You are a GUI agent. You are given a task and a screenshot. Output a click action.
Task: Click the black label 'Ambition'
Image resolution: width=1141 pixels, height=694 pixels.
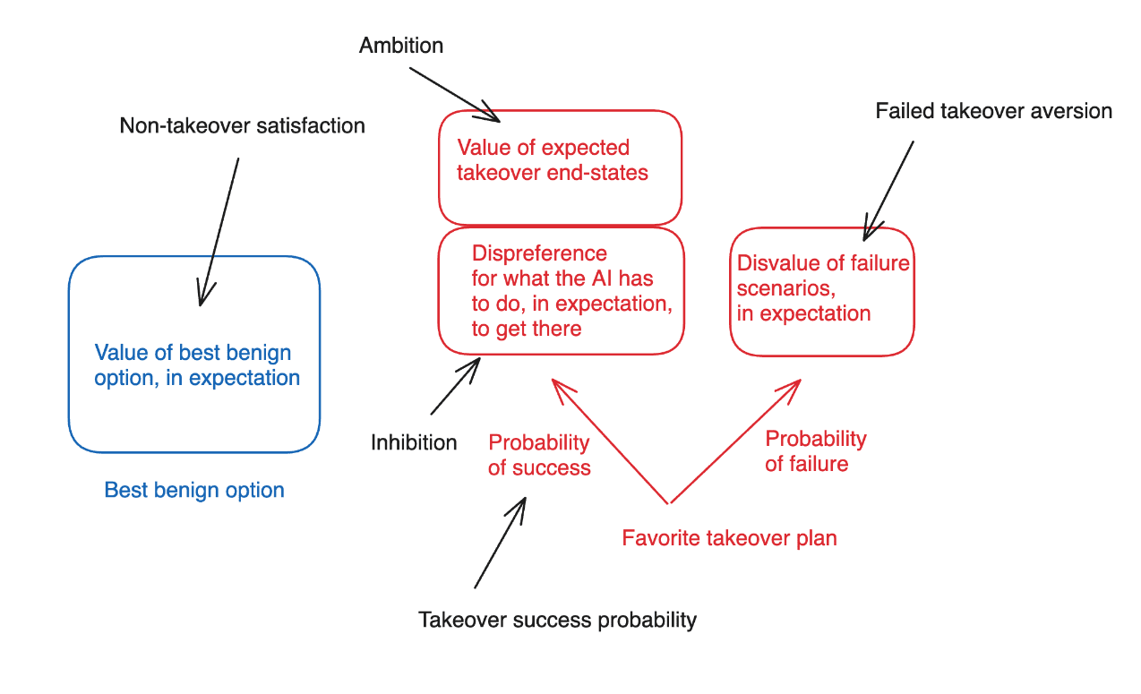pyautogui.click(x=401, y=46)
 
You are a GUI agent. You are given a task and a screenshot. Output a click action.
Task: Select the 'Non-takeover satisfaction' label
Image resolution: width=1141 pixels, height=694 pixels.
pyautogui.click(x=243, y=125)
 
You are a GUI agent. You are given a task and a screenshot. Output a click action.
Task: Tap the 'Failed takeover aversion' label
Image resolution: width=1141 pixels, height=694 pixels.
pyautogui.click(x=993, y=111)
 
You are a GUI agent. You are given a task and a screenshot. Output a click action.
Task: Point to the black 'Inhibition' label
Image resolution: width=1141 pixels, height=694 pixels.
pyautogui.click(x=414, y=442)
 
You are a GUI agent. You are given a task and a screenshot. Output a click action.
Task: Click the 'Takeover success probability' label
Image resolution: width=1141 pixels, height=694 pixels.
pyautogui.click(x=557, y=620)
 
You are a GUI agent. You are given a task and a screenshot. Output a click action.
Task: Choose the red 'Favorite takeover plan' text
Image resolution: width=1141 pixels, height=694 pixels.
pyautogui.click(x=729, y=538)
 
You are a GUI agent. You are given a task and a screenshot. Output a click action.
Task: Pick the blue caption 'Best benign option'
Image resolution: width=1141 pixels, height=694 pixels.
pyautogui.click(x=194, y=490)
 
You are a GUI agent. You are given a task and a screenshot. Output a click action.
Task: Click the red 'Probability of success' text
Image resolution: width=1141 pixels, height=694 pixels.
pyautogui.click(x=539, y=455)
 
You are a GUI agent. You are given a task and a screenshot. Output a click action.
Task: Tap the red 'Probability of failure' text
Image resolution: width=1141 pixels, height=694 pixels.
pyautogui.click(x=815, y=450)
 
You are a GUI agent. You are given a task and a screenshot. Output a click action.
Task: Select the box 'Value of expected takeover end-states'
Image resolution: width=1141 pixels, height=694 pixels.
pyautogui.click(x=560, y=167)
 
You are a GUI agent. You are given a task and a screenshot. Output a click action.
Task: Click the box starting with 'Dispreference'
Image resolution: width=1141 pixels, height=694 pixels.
pyautogui.click(x=561, y=290)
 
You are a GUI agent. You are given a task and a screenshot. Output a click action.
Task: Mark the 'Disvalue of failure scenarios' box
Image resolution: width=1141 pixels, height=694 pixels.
pyautogui.click(x=821, y=291)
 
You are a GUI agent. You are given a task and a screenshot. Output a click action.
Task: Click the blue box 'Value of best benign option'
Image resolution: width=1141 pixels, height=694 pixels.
pyautogui.click(x=194, y=355)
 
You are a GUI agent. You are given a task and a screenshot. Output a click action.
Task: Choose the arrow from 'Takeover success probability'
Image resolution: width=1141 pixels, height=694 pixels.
pyautogui.click(x=500, y=543)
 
